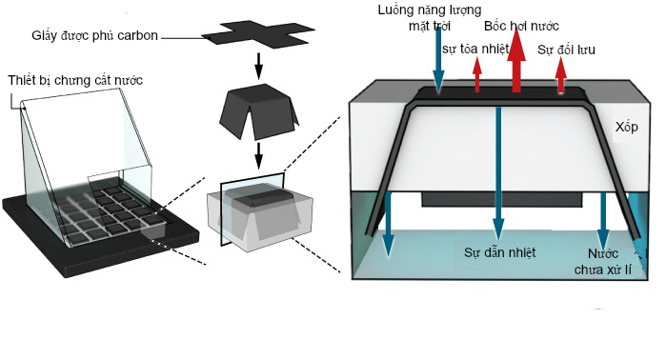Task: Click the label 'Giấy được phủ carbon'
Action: tap(94, 35)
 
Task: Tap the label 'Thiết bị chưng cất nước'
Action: tap(75, 80)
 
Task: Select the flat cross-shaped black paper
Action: tap(258, 33)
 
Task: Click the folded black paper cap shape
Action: tap(258, 111)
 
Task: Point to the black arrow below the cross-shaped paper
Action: tap(258, 66)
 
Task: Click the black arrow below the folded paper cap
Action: tap(258, 155)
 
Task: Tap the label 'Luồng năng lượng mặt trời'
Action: tap(430, 17)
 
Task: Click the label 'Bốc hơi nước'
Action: tap(521, 26)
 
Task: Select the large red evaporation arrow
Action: tap(516, 61)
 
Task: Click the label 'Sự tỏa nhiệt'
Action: tap(475, 49)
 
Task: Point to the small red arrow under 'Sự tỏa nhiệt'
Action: tap(477, 74)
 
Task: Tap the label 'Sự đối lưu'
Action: tap(566, 50)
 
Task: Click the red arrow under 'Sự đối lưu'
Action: tap(561, 74)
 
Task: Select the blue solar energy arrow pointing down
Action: tap(439, 62)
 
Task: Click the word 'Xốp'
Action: tap(627, 127)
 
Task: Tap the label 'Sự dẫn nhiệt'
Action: tap(499, 252)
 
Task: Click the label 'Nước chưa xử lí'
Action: tap(603, 262)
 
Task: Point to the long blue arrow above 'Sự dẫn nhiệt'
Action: tap(498, 173)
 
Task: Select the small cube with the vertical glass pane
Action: tap(259, 214)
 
